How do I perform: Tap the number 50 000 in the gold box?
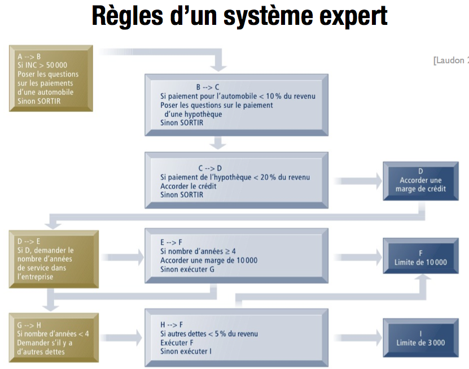[56, 65]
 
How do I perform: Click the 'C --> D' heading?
[211, 168]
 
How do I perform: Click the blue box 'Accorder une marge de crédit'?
[420, 180]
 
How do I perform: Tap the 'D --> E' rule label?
[29, 241]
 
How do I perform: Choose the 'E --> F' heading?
[172, 242]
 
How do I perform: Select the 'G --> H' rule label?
[30, 324]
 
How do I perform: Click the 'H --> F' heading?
[172, 325]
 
